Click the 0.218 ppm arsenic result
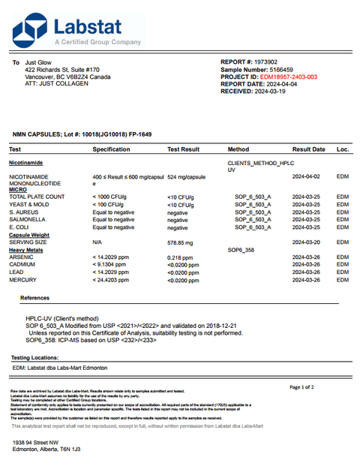(x=180, y=257)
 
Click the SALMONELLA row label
(x=26, y=220)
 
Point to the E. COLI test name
(x=20, y=227)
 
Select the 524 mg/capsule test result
(x=186, y=176)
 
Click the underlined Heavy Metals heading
(x=26, y=250)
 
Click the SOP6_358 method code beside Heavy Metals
(x=241, y=250)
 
